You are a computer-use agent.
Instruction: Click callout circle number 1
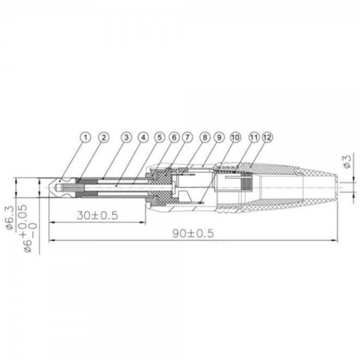pos(86,137)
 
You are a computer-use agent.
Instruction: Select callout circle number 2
pos(104,137)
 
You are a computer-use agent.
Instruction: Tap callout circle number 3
pos(126,137)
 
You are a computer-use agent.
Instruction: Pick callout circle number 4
pos(143,137)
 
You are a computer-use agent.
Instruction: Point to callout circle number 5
pos(160,137)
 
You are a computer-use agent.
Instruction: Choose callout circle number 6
pos(174,137)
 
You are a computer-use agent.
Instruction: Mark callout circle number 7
pos(187,137)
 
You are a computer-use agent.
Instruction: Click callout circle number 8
pos(205,137)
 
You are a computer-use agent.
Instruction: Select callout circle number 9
pos(219,137)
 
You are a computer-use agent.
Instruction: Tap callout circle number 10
pos(235,137)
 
